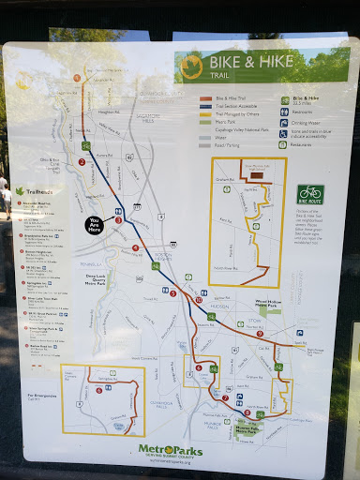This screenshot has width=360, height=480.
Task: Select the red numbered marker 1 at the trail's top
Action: pyautogui.click(x=82, y=161)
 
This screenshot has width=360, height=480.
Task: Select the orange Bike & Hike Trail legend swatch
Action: pyautogui.click(x=205, y=97)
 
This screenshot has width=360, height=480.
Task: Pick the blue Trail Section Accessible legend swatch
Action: pyautogui.click(x=205, y=106)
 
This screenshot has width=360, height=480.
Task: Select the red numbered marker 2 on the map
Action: pyautogui.click(x=118, y=220)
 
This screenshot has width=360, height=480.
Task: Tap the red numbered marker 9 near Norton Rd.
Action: pyautogui.click(x=247, y=412)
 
